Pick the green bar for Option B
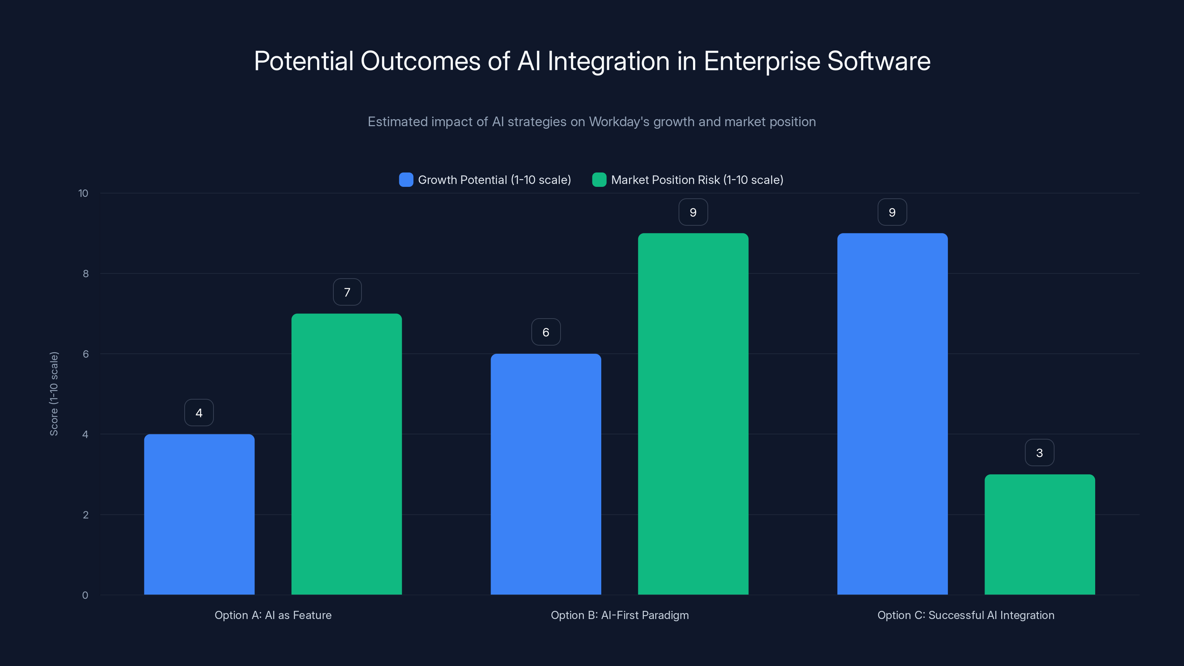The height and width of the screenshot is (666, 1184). (693, 414)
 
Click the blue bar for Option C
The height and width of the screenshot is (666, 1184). (892, 414)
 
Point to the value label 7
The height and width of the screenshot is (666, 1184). (347, 292)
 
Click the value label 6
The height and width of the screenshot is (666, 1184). (546, 332)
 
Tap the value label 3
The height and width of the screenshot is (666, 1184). (1039, 453)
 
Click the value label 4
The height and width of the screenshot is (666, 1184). (199, 413)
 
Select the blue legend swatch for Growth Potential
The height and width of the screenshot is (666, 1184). (406, 180)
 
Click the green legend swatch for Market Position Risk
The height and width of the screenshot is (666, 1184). (599, 180)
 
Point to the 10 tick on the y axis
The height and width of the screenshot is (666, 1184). (83, 194)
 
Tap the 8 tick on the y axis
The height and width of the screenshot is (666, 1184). (85, 274)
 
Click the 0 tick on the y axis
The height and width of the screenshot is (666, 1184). (85, 595)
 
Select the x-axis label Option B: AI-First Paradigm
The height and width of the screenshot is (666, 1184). (620, 615)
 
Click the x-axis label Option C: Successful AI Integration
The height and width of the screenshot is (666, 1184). (966, 615)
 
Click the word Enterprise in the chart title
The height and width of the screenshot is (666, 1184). (761, 61)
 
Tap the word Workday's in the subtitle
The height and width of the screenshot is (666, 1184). (619, 122)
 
